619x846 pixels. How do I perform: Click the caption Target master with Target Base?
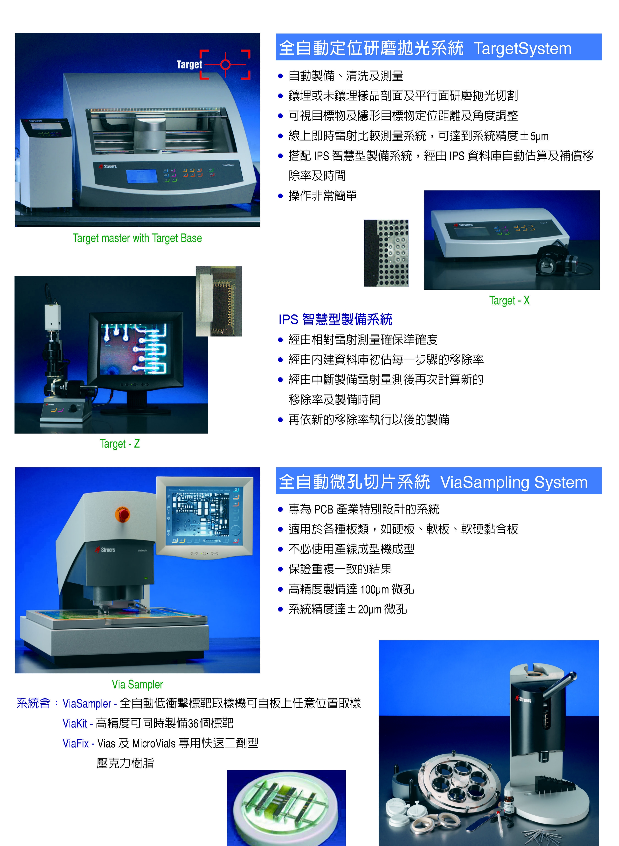point(137,238)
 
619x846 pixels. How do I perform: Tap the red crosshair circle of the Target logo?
point(225,64)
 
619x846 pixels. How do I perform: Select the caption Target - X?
point(509,300)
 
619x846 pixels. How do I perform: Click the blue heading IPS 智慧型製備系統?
point(335,319)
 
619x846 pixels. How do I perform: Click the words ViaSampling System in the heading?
point(514,482)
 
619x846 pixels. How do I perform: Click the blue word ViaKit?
point(75,723)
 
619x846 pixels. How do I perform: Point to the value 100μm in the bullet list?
point(374,589)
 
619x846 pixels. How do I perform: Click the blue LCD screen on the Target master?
point(141,176)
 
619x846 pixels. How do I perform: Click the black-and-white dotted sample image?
point(386,253)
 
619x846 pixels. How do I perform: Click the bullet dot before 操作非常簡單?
point(280,196)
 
